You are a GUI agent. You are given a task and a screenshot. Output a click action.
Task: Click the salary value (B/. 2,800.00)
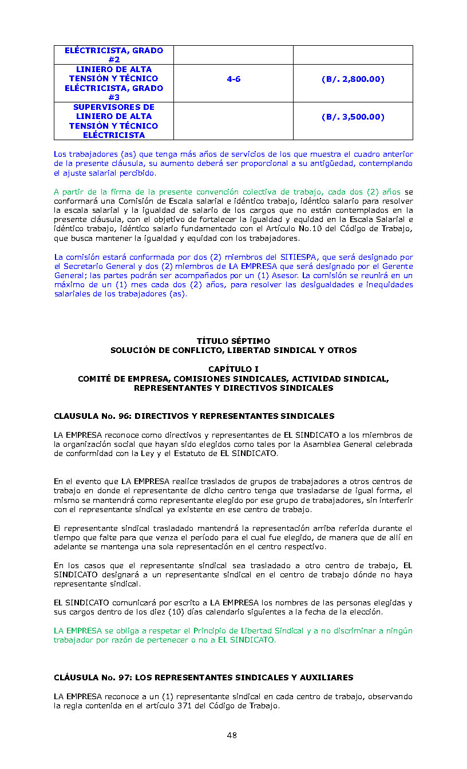(x=353, y=79)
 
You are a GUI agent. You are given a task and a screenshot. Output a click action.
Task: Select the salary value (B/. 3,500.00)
(x=353, y=117)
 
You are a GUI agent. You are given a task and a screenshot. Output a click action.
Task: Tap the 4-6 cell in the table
(x=233, y=79)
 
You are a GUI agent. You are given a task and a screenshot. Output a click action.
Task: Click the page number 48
(x=232, y=735)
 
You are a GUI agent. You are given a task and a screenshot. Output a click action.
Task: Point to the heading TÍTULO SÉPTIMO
(x=233, y=341)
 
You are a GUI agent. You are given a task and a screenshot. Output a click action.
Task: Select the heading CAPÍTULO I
(x=233, y=369)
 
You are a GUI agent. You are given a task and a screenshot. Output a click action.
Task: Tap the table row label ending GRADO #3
(x=113, y=83)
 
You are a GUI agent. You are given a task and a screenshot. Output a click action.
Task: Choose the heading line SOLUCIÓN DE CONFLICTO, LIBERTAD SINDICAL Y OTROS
(x=233, y=350)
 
